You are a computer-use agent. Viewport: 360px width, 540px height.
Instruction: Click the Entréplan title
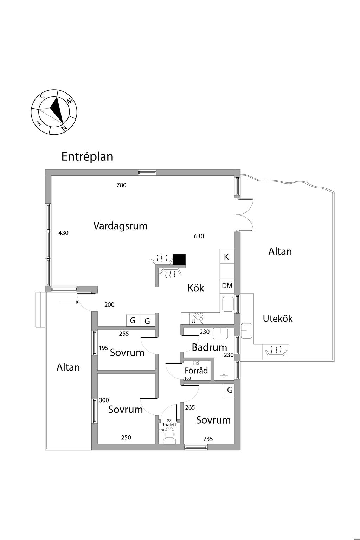click(87, 157)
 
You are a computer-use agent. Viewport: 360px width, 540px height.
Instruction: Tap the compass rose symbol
click(54, 112)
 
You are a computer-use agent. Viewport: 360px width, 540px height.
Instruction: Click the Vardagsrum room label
click(120, 226)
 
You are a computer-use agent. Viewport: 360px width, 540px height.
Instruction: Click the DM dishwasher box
click(227, 286)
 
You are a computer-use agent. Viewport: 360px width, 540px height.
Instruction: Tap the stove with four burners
click(197, 318)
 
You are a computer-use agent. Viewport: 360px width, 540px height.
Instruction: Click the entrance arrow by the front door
click(69, 302)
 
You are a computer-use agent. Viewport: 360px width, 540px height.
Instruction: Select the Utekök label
click(277, 319)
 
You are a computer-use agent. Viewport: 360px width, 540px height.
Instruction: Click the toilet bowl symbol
click(170, 434)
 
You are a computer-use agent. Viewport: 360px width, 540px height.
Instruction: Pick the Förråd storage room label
click(196, 371)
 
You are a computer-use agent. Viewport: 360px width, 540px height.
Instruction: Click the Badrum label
click(209, 347)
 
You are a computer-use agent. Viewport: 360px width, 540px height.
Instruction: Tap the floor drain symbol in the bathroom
click(224, 375)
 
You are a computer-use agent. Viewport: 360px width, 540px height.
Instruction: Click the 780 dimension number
click(122, 185)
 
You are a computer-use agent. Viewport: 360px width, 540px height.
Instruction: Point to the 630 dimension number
click(199, 236)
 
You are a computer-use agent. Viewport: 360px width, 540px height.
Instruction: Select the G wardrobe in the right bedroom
click(229, 390)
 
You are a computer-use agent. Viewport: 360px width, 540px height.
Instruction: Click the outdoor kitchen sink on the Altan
click(246, 331)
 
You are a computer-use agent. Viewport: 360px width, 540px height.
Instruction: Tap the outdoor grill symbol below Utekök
click(276, 352)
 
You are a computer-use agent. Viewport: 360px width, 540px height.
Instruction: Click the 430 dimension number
click(63, 233)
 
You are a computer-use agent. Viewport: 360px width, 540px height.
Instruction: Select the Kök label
click(196, 288)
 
